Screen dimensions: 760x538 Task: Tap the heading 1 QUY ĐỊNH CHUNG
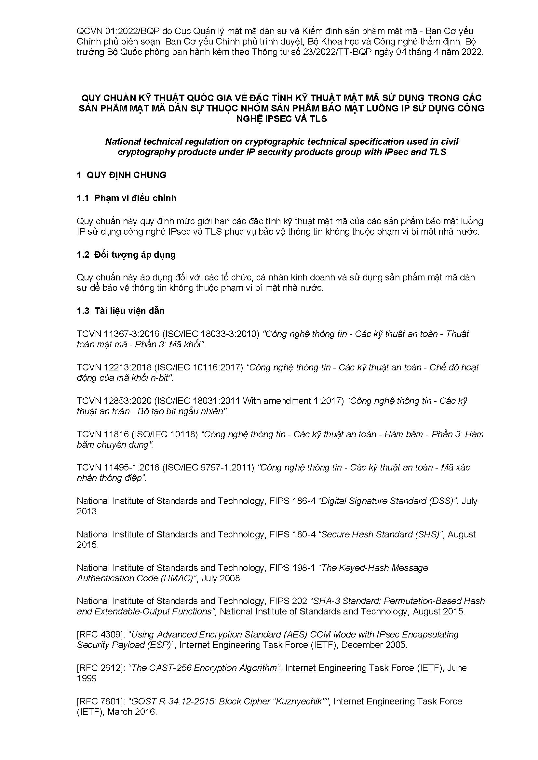tap(122, 175)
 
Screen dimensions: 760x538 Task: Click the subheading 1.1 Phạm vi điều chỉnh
tap(127, 198)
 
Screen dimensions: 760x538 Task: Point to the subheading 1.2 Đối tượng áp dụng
tap(126, 254)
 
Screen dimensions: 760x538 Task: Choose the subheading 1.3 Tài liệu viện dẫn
tap(121, 311)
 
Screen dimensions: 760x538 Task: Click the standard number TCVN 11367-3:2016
tap(118, 334)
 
